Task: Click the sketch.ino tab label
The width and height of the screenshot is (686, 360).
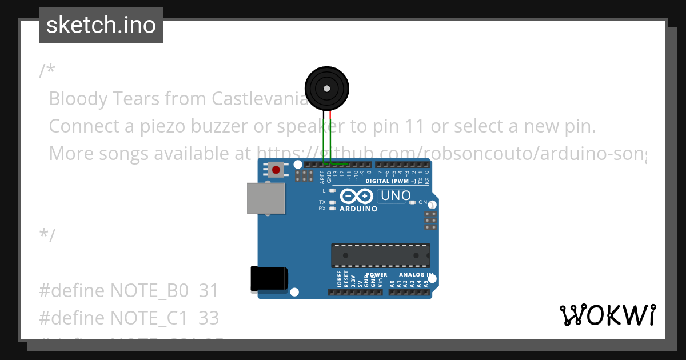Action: pyautogui.click(x=101, y=25)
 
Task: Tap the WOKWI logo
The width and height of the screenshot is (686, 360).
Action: pyautogui.click(x=607, y=315)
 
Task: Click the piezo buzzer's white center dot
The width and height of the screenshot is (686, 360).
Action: pyautogui.click(x=326, y=89)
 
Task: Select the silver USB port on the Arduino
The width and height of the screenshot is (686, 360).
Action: pyautogui.click(x=266, y=198)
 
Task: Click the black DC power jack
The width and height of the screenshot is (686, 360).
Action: pyautogui.click(x=269, y=280)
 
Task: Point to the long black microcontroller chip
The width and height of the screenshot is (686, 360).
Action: pyautogui.click(x=381, y=255)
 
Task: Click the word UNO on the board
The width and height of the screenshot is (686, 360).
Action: pyautogui.click(x=396, y=196)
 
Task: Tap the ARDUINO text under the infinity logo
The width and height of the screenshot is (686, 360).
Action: pyautogui.click(x=358, y=209)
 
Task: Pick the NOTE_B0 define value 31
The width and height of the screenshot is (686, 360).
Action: pyautogui.click(x=209, y=291)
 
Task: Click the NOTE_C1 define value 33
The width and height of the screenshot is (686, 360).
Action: pyautogui.click(x=209, y=317)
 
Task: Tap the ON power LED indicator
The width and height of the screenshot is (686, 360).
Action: pyautogui.click(x=413, y=202)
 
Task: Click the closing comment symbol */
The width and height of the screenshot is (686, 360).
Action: pyautogui.click(x=47, y=235)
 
